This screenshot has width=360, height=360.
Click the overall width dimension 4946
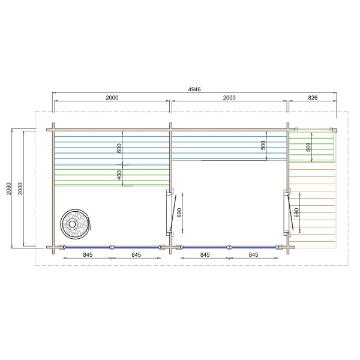pos(194,89)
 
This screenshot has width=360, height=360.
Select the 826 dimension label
pos(313,98)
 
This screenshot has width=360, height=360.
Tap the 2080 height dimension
pos(9,188)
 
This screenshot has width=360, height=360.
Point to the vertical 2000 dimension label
pos(20,188)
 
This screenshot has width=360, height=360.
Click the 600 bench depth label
pos(119,148)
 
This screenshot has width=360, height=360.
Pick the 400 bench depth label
pos(119,175)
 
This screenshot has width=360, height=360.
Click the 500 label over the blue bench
pos(263,145)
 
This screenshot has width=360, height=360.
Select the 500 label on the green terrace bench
pos(308,147)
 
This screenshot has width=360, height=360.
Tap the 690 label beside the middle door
pos(179,212)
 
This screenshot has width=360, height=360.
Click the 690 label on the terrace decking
pos(296,212)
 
